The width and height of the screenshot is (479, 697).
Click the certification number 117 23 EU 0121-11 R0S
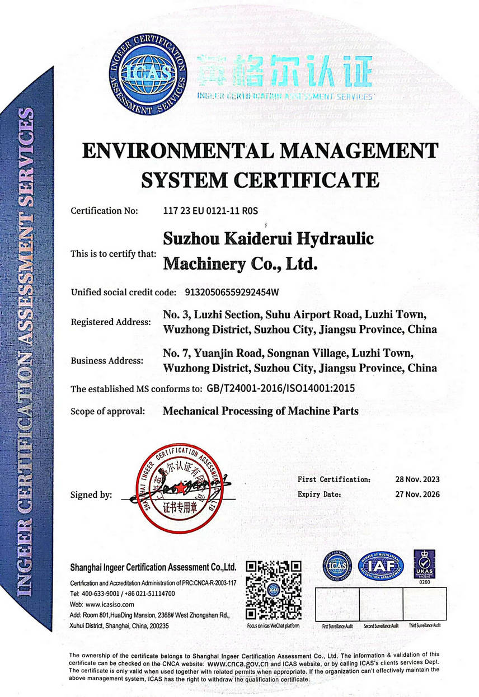tap(211, 211)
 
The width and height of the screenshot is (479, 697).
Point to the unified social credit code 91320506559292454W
tap(228, 292)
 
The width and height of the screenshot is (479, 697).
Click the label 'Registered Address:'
tap(111, 322)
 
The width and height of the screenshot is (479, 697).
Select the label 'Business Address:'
tap(107, 361)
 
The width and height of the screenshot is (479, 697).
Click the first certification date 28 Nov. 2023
tap(417, 479)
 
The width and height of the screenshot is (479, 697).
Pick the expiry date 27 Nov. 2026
tap(417, 494)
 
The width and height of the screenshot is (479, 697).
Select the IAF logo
tap(381, 567)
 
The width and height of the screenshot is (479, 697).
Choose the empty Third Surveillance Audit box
tap(425, 604)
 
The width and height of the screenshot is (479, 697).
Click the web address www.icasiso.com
tap(110, 605)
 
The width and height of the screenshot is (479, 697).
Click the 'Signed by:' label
tap(91, 495)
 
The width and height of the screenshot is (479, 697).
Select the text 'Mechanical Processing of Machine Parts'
tap(260, 411)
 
